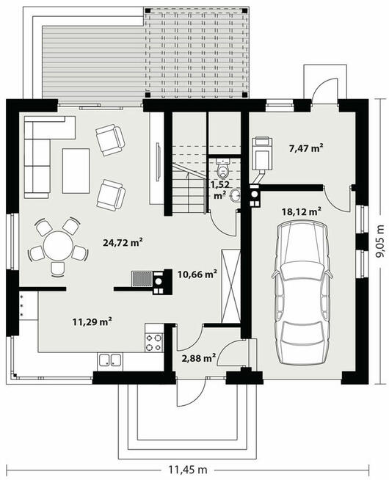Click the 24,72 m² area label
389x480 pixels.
click(x=123, y=243)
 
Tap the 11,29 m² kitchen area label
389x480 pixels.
click(x=92, y=321)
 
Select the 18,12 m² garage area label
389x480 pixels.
click(x=302, y=211)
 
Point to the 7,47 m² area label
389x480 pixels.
click(x=306, y=148)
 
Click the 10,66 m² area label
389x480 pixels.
click(x=197, y=274)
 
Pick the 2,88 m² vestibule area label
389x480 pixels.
click(x=199, y=357)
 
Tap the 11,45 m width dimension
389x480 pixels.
click(x=188, y=469)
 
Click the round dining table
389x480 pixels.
click(x=58, y=246)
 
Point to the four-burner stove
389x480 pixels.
click(x=153, y=343)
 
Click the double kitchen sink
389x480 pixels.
click(x=110, y=360)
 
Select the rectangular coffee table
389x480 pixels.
click(x=76, y=171)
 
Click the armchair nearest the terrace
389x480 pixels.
click(x=110, y=140)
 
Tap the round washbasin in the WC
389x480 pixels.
click(x=235, y=196)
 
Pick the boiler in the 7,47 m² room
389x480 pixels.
click(x=262, y=153)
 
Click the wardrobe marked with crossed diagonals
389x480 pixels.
click(x=231, y=286)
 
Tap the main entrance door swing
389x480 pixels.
click(x=191, y=394)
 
